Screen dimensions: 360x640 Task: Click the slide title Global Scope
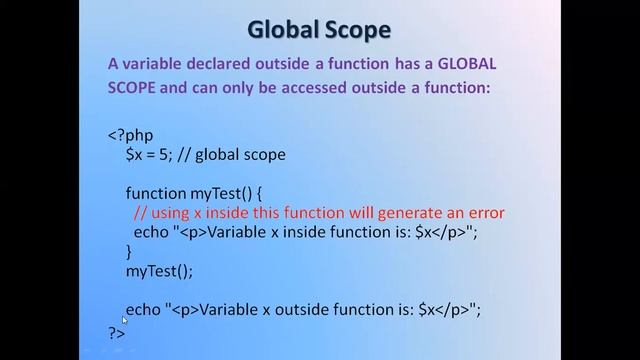(319, 29)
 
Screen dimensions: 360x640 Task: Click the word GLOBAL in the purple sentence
(462, 63)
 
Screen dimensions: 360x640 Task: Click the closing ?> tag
(117, 332)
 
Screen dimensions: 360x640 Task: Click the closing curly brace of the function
(129, 251)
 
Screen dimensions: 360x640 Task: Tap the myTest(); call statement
(159, 270)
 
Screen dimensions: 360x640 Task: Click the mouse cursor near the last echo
(124, 320)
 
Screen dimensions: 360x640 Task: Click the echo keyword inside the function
(151, 232)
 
